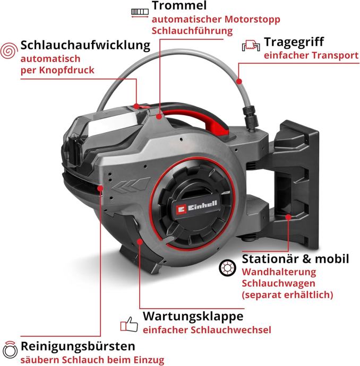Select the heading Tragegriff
(x=294, y=42)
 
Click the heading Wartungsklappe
(x=193, y=316)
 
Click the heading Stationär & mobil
(x=295, y=259)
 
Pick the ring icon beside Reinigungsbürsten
(x=9, y=349)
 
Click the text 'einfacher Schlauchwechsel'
(x=207, y=330)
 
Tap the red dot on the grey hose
(x=239, y=81)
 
